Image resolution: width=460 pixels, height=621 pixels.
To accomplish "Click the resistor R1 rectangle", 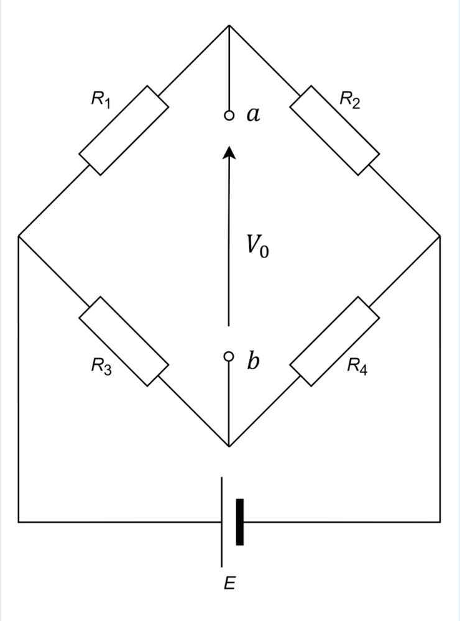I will pyautogui.click(x=124, y=131).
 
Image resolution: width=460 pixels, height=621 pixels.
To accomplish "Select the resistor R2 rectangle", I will pyautogui.click(x=334, y=131).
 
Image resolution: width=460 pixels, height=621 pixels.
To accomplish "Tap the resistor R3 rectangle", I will pyautogui.click(x=124, y=341).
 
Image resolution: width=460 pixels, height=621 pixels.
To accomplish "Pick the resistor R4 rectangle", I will pyautogui.click(x=334, y=341).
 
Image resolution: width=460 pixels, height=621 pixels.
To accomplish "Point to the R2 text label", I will pyautogui.click(x=349, y=99).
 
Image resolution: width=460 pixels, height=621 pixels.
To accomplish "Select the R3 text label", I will pyautogui.click(x=101, y=366).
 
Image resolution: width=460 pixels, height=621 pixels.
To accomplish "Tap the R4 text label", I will pyautogui.click(x=357, y=366).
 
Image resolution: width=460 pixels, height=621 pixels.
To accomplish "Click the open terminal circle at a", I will pyautogui.click(x=229, y=116).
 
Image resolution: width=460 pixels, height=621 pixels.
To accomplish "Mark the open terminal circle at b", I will pyautogui.click(x=229, y=356).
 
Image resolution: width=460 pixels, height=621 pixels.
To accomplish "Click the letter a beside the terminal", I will pyautogui.click(x=253, y=114).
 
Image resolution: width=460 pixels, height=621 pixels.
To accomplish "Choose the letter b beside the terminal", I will pyautogui.click(x=252, y=361).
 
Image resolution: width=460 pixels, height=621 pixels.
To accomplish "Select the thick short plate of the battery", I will pyautogui.click(x=239, y=522).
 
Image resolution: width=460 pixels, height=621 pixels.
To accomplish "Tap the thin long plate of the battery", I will pyautogui.click(x=222, y=522).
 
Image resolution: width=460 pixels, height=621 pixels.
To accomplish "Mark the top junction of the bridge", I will pyautogui.click(x=229, y=25).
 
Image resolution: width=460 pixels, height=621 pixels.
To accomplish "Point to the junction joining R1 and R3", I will pyautogui.click(x=19, y=236).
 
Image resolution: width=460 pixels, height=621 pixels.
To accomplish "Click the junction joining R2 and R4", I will pyautogui.click(x=440, y=236).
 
